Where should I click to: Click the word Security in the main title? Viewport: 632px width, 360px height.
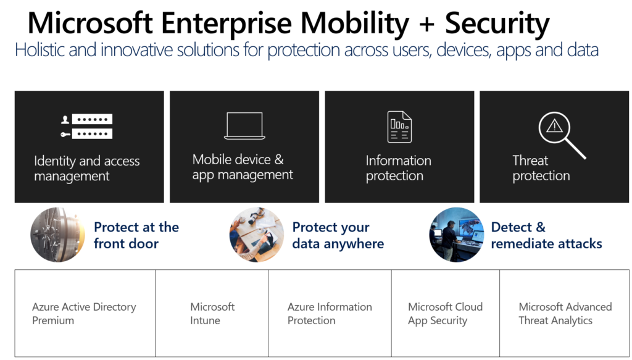(x=497, y=23)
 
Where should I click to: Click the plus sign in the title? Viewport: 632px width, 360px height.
(x=427, y=25)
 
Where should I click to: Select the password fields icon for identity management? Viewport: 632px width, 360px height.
(x=86, y=126)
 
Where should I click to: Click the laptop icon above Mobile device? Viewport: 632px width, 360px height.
(x=244, y=126)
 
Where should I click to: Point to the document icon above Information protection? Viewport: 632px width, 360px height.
(x=399, y=127)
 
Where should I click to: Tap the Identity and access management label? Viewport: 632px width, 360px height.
(x=86, y=169)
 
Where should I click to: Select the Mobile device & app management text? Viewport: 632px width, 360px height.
(x=242, y=167)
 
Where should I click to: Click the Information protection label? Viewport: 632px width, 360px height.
(x=398, y=168)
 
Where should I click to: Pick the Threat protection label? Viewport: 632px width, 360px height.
(x=541, y=168)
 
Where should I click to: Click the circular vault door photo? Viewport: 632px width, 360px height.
(x=57, y=235)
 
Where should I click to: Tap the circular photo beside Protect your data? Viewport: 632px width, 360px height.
(x=256, y=235)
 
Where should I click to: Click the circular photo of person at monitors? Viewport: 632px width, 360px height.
(x=456, y=235)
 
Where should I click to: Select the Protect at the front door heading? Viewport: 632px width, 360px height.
(x=136, y=235)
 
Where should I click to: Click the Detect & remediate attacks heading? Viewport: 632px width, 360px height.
(x=546, y=235)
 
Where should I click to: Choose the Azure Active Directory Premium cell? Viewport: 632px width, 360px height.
(x=84, y=313)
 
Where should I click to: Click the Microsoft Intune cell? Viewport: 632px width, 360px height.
(x=212, y=313)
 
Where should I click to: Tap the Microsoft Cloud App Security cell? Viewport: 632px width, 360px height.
(x=445, y=313)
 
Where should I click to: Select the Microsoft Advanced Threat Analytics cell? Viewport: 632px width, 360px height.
(x=564, y=313)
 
